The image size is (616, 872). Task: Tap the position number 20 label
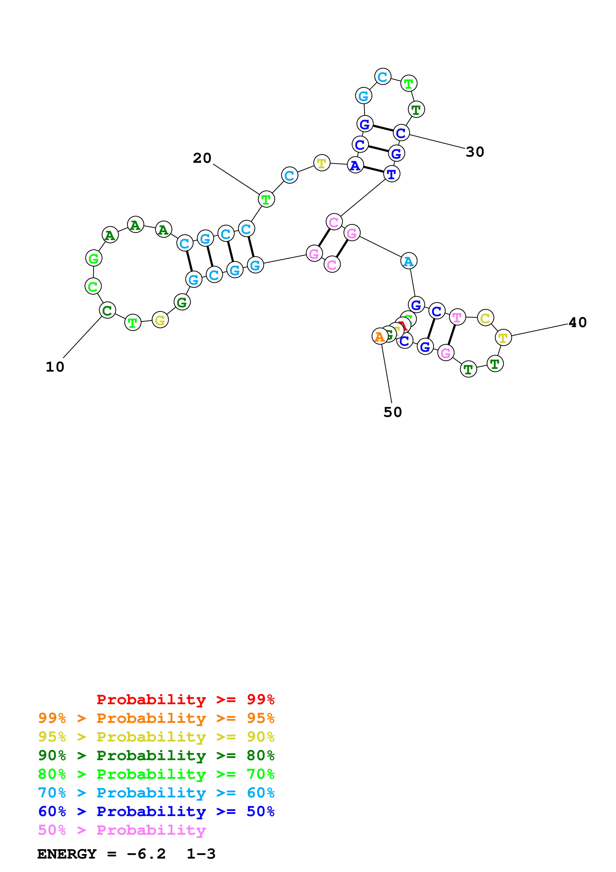click(x=202, y=158)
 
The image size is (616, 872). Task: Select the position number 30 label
click(x=475, y=152)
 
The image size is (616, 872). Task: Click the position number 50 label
click(x=392, y=412)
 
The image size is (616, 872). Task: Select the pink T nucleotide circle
click(x=457, y=317)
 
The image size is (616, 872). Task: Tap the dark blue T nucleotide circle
click(x=392, y=174)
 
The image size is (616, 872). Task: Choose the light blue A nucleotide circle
click(x=409, y=261)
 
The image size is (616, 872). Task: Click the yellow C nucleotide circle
click(x=486, y=318)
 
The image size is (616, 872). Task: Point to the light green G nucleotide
click(x=94, y=258)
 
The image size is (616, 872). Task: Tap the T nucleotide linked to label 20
click(x=266, y=199)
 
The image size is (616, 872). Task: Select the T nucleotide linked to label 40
click(x=503, y=337)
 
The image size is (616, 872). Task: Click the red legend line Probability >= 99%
click(x=185, y=699)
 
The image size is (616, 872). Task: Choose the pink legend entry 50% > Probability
click(x=122, y=830)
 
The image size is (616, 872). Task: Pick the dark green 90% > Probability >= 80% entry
click(x=156, y=755)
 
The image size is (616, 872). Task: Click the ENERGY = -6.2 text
click(x=101, y=854)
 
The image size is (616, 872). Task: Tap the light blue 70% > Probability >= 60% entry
click(x=156, y=793)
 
